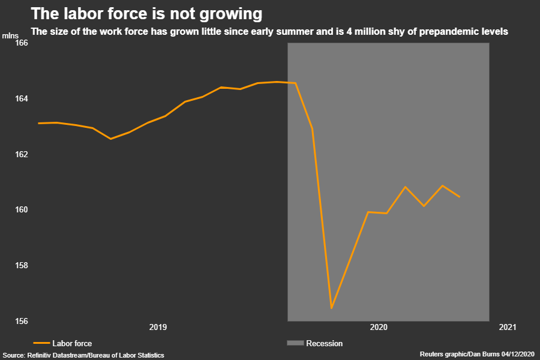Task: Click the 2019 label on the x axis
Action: point(158,327)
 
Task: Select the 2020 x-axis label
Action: point(379,327)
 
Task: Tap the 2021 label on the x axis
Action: point(507,327)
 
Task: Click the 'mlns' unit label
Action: point(10,35)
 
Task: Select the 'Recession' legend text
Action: point(325,344)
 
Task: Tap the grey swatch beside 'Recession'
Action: point(296,343)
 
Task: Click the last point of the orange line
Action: point(460,196)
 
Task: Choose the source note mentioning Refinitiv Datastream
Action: point(83,355)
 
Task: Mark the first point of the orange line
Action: point(38,123)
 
